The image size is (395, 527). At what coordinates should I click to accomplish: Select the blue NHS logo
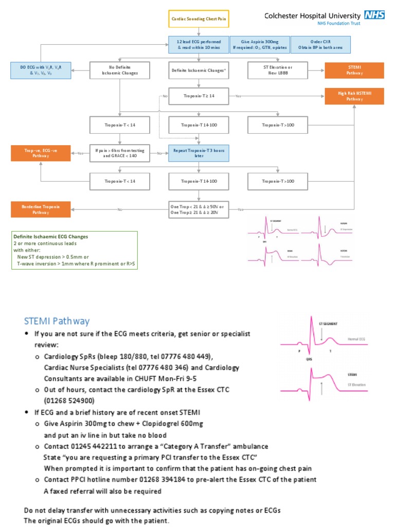click(374, 14)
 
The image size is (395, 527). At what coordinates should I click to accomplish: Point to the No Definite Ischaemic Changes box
click(120, 71)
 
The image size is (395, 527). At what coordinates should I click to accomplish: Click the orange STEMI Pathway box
click(354, 71)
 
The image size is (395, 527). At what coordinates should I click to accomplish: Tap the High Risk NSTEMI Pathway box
click(354, 96)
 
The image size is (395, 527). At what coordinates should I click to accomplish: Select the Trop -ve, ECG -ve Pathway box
click(41, 153)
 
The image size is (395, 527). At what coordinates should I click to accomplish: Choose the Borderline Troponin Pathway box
click(41, 209)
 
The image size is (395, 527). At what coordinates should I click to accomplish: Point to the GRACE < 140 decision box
click(120, 153)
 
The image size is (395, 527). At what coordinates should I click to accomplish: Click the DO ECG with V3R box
click(41, 71)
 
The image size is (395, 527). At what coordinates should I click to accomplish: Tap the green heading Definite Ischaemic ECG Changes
click(50, 237)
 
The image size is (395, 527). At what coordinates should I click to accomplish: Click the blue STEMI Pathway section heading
click(57, 321)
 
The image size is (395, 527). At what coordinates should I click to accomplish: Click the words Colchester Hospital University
click(312, 15)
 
